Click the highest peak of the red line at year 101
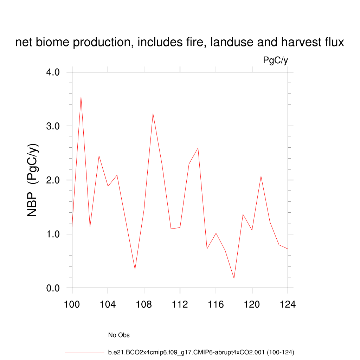[81, 97]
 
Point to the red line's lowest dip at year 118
[234, 278]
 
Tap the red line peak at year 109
[153, 114]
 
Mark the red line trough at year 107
[135, 269]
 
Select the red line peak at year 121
[261, 176]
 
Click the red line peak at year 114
[198, 148]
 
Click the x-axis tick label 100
[72, 304]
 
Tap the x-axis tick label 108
[144, 304]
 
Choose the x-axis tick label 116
[216, 304]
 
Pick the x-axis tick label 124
[288, 304]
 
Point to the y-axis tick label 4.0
[53, 72]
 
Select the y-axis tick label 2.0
[53, 180]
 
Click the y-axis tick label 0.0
[53, 288]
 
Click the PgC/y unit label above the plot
[276, 60]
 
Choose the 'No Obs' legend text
[119, 335]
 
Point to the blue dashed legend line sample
[84, 335]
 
